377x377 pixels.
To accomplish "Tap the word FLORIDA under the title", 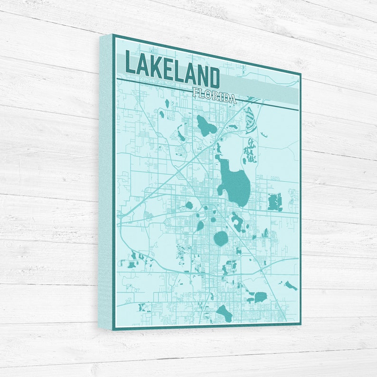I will [x=214, y=95].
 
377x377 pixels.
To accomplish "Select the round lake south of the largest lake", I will [x=220, y=238].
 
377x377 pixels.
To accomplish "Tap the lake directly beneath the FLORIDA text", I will [x=206, y=125].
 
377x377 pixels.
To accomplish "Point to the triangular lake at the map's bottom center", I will [x=224, y=313].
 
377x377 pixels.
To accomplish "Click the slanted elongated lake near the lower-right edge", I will [x=290, y=285].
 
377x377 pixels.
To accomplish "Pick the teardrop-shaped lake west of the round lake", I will [x=200, y=226].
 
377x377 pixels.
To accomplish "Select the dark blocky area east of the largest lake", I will [x=274, y=202].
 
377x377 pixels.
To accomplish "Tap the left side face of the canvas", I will [x=105, y=180].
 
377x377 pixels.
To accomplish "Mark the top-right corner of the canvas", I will [x=300, y=74].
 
